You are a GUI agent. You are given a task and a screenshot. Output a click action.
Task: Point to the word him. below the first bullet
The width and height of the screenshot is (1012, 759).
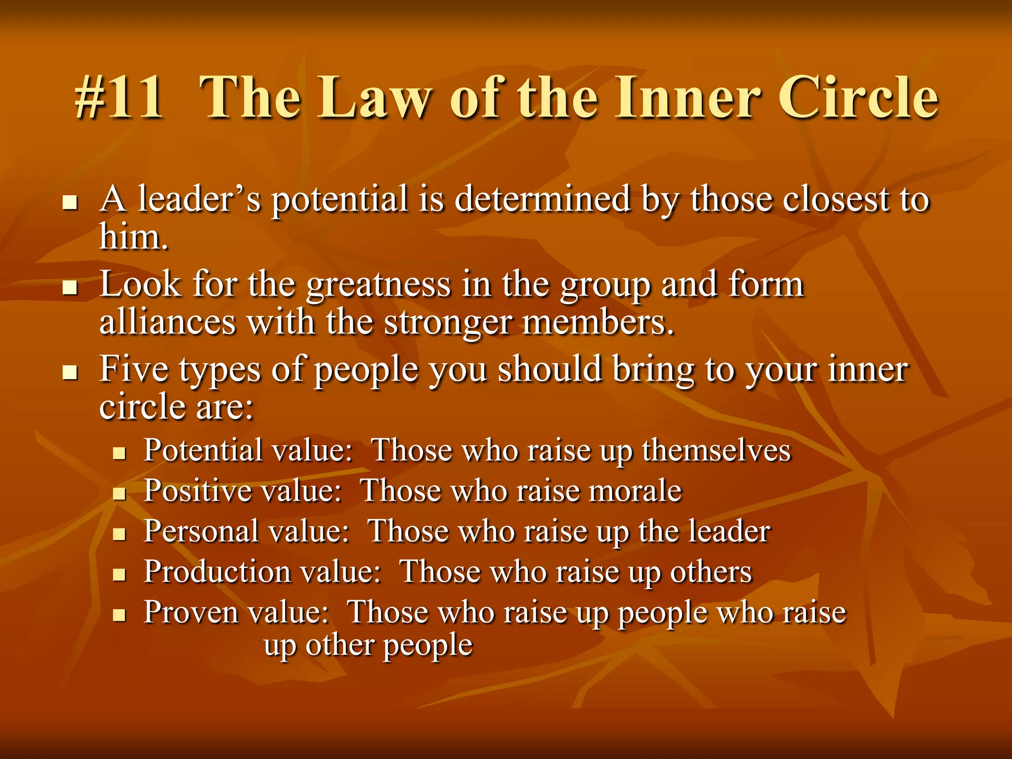(133, 237)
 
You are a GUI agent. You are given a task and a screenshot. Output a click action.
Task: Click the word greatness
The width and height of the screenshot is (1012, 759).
(378, 286)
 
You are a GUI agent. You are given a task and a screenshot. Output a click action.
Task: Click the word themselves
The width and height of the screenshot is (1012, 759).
(716, 451)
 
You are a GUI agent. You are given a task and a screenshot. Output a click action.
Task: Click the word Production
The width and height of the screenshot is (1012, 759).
(217, 572)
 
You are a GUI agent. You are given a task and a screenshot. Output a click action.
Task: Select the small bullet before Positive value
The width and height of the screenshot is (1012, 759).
(119, 493)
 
